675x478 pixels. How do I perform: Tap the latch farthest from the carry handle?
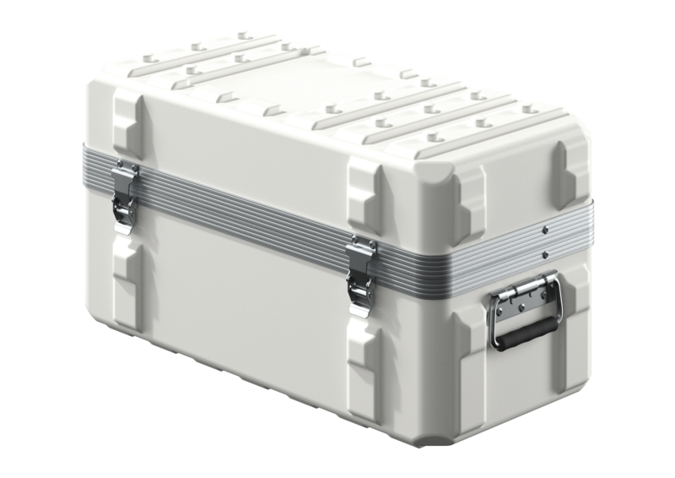coord(125,196)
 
